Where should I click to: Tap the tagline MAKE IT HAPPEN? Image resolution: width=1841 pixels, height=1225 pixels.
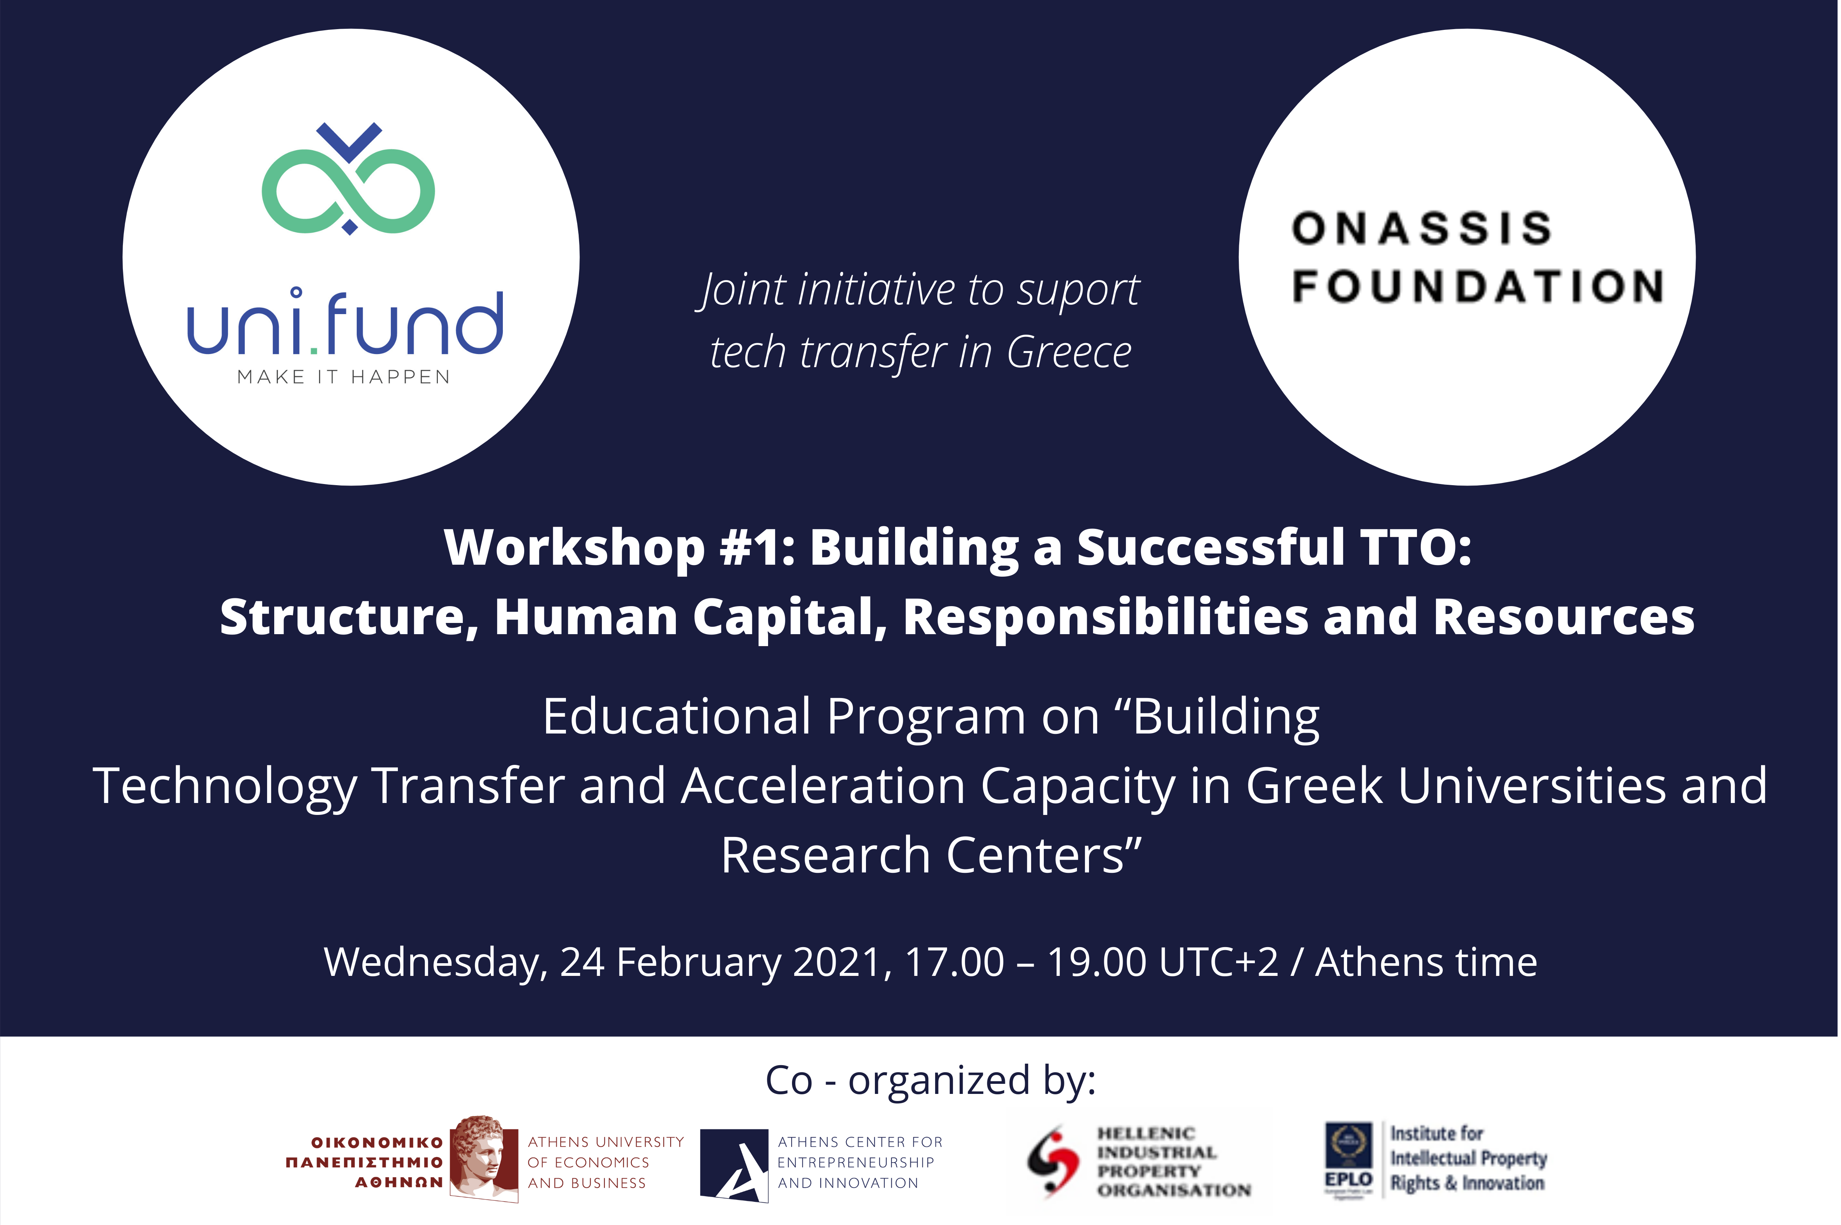344,377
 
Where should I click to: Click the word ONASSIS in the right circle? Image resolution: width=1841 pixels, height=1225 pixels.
1421,228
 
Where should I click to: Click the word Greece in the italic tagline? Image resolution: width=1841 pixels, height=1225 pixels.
1069,352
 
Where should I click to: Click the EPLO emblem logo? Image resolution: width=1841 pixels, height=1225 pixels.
1349,1159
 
